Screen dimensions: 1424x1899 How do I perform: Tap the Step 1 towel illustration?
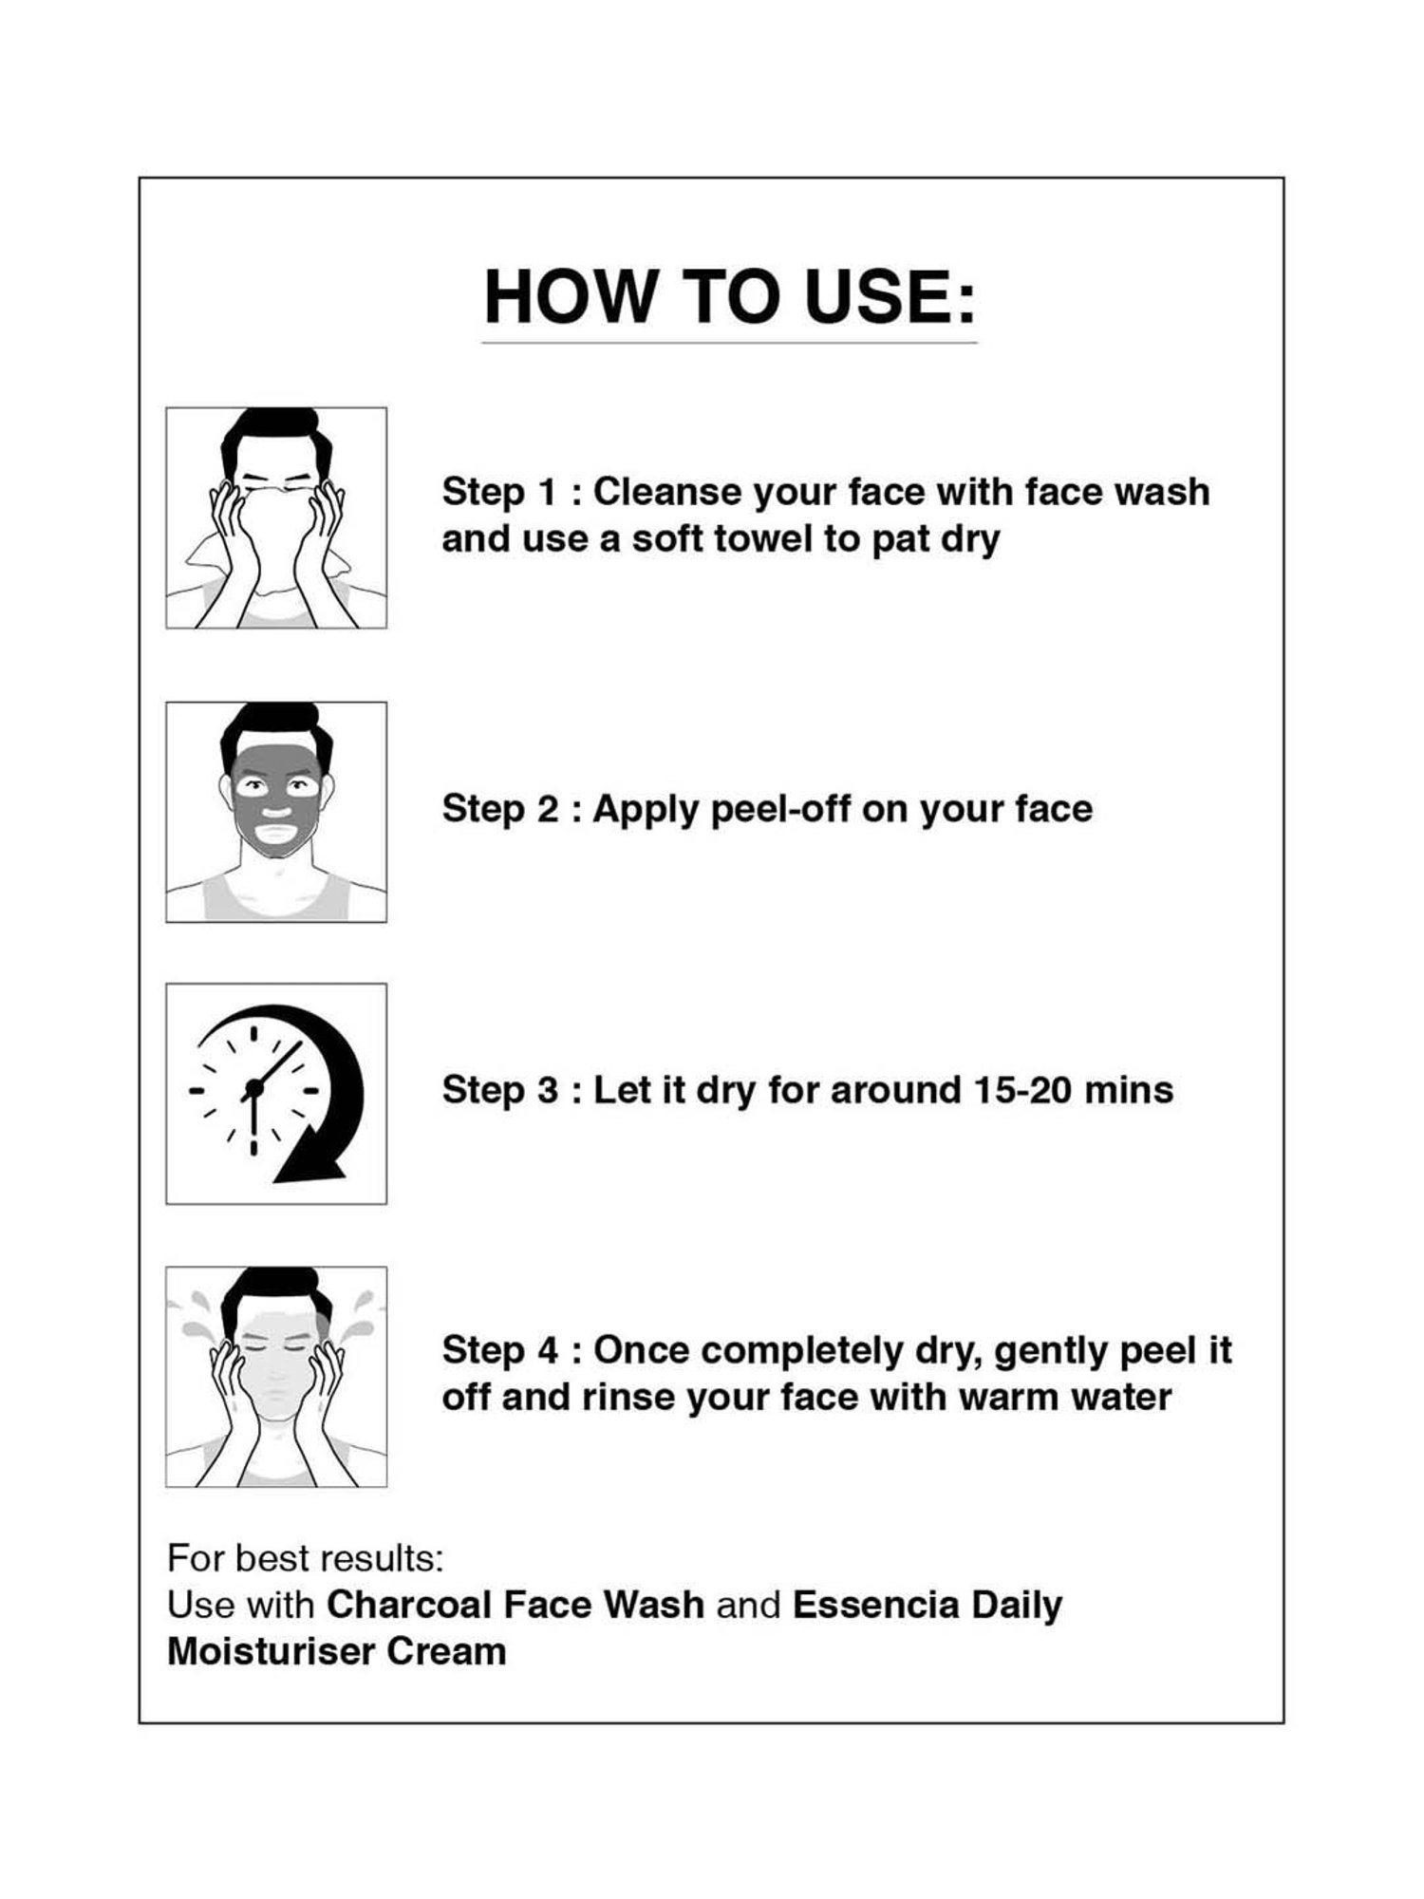(x=276, y=518)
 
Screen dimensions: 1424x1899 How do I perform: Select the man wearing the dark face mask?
(x=276, y=812)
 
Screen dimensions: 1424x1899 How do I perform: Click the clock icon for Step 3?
(x=276, y=1094)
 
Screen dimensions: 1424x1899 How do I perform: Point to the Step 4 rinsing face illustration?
(x=276, y=1377)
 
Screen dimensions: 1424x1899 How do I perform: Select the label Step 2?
(x=501, y=809)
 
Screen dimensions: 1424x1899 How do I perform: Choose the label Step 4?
(x=501, y=1350)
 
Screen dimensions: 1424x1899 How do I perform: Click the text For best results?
(x=306, y=1558)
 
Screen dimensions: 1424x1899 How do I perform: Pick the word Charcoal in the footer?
(x=410, y=1605)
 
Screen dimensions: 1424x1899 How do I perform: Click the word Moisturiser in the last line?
(x=272, y=1651)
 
